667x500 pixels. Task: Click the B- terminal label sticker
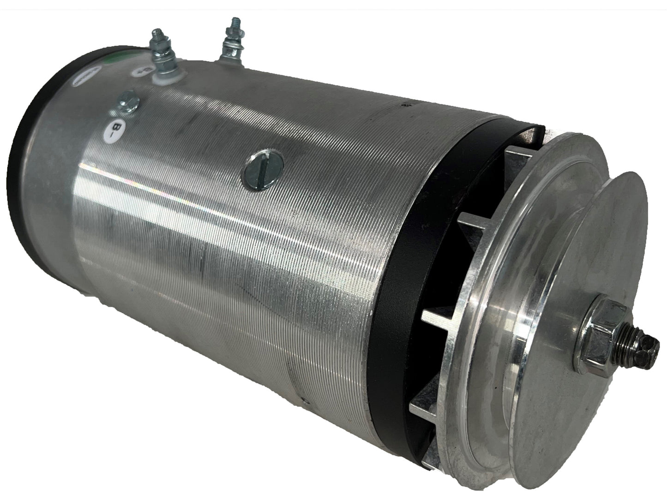point(114,125)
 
